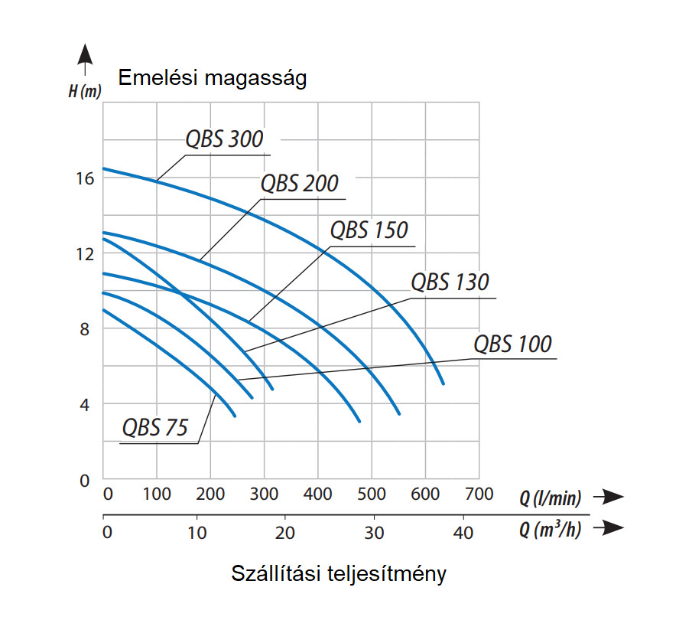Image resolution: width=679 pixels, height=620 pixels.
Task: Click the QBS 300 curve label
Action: coord(224,139)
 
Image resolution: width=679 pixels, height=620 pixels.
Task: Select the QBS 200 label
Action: coord(299,184)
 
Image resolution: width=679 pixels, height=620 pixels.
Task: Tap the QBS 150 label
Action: coord(369,230)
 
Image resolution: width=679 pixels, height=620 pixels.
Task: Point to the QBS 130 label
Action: coord(450,282)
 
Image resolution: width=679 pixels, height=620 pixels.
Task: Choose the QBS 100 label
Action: coord(512,344)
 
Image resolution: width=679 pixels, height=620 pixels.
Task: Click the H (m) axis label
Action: coord(84,92)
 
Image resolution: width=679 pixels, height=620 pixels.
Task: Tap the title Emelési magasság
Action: coord(212,78)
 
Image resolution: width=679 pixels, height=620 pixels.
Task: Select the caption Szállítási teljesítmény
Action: coord(339,574)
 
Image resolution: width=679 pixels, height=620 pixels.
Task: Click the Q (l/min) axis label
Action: coord(551,498)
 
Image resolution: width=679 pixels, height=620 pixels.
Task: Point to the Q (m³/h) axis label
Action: coord(551,529)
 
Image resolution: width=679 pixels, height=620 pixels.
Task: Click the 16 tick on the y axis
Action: coord(85,178)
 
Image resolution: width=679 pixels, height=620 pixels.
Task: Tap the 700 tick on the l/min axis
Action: coord(479,494)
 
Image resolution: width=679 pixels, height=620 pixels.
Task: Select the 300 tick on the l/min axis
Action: coord(265,494)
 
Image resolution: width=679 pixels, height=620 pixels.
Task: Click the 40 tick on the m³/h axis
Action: coord(463,532)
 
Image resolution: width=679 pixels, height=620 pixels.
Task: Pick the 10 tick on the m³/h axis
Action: coord(197,532)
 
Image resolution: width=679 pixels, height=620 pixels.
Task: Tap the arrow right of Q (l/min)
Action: coord(609,497)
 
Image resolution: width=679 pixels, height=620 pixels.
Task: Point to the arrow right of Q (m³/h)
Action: coord(609,527)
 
